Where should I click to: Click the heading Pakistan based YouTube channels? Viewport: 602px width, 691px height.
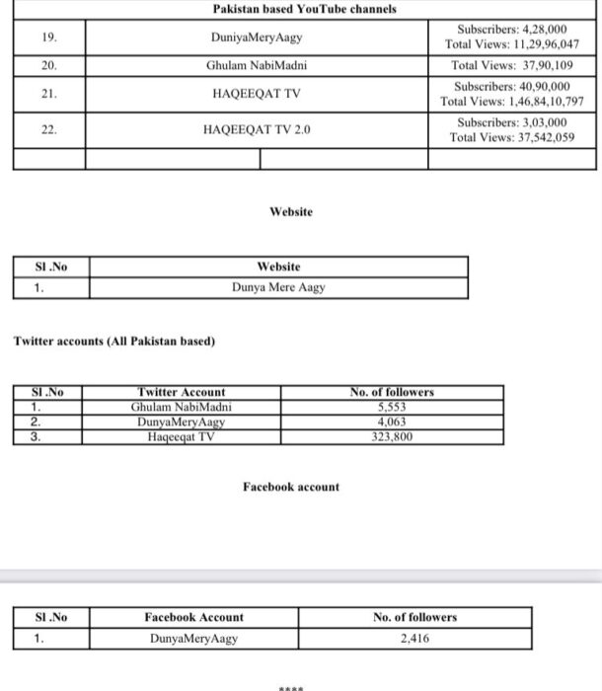(305, 9)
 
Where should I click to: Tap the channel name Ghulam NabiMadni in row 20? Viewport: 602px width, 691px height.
(256, 65)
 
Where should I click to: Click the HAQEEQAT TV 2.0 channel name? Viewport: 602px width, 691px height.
(256, 129)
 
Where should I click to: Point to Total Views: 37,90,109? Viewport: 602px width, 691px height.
(511, 65)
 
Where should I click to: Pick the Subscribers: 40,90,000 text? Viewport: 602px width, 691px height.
(511, 87)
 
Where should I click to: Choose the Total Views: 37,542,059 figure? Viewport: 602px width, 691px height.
(511, 137)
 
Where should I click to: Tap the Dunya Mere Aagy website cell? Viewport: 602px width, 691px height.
(278, 288)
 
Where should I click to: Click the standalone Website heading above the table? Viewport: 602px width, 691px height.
(290, 211)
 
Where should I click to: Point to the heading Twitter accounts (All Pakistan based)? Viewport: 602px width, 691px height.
(113, 342)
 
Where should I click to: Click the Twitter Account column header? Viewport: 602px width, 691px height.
(182, 392)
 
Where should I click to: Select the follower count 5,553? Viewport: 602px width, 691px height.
(392, 406)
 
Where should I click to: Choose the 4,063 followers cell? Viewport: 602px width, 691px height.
(392, 422)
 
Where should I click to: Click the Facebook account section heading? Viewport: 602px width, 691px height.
(290, 487)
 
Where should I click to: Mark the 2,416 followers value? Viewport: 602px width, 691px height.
(414, 638)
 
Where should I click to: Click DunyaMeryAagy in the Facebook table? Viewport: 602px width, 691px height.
(193, 638)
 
